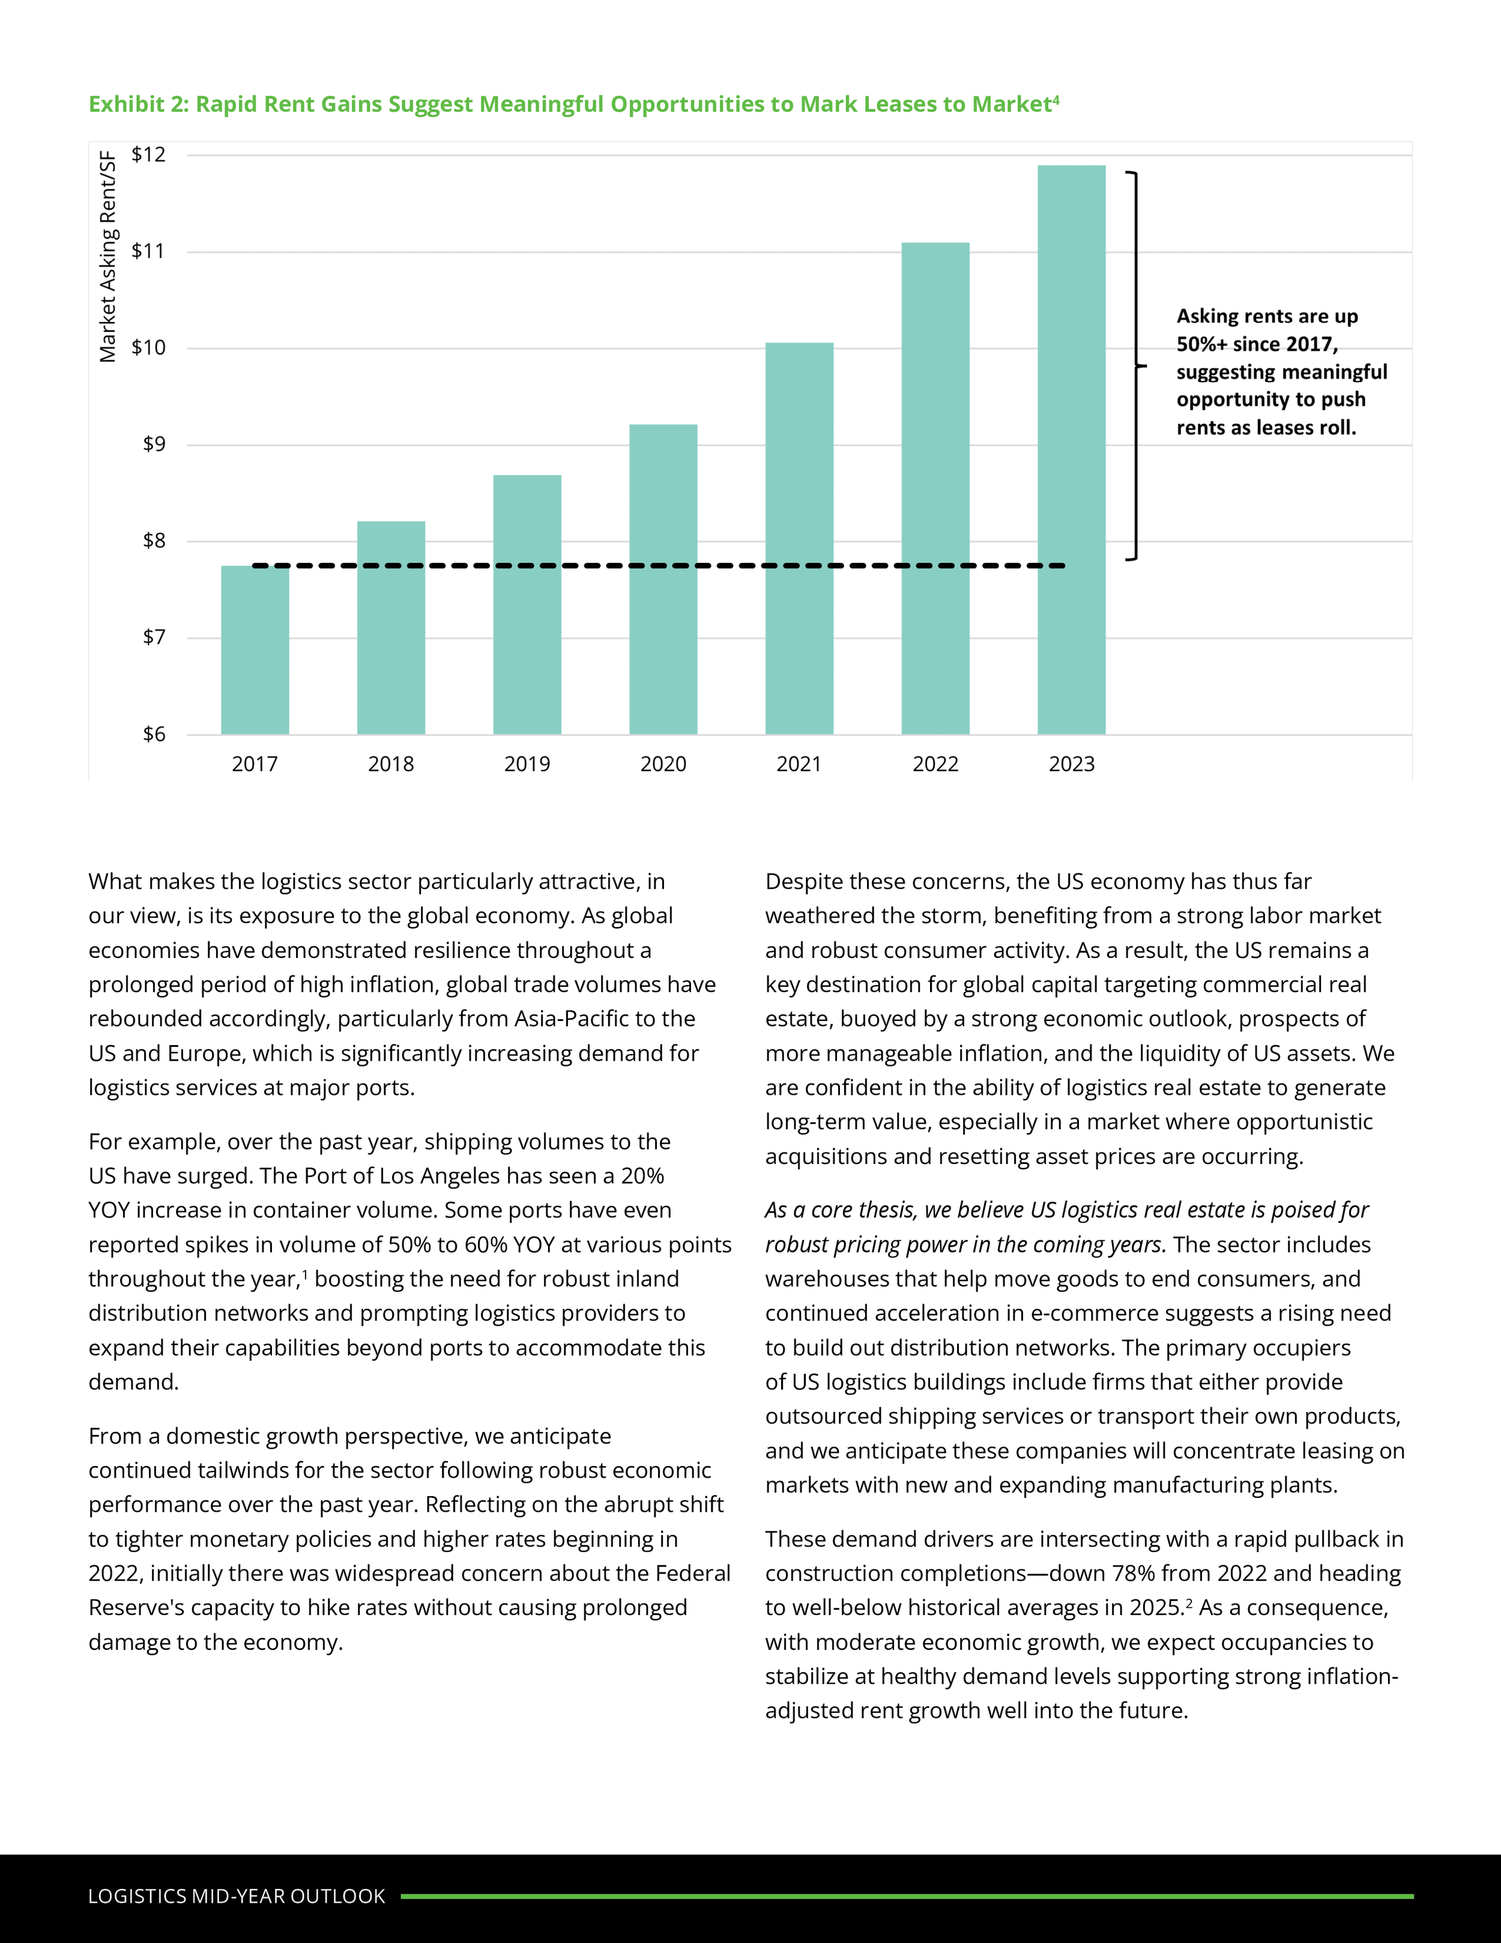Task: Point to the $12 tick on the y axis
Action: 148,155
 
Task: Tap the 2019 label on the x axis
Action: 527,764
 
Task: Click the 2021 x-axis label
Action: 799,764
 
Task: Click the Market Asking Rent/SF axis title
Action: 107,257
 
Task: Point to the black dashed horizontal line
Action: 658,566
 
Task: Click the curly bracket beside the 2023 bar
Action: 1135,366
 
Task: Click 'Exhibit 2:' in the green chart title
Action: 139,105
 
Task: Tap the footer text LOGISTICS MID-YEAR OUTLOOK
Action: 237,1896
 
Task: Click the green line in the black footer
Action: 907,1896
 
